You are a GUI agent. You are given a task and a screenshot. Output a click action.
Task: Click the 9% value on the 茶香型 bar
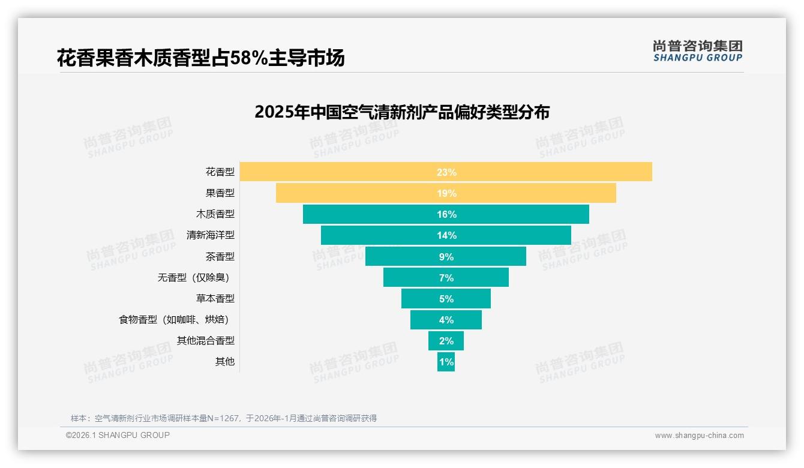446,257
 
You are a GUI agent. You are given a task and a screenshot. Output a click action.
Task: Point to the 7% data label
446,278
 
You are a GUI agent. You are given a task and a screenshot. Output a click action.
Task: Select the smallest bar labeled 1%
446,362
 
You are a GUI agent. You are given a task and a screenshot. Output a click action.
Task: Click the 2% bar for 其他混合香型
446,341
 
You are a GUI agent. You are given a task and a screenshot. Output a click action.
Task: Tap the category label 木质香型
215,214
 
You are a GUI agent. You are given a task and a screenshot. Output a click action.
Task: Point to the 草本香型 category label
215,299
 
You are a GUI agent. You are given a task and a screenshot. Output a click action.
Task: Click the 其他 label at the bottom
225,362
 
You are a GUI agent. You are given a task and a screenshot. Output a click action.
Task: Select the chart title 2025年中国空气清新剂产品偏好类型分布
401,112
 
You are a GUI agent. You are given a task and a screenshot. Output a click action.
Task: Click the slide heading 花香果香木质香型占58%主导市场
201,58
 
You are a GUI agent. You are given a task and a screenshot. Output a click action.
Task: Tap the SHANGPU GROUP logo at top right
697,51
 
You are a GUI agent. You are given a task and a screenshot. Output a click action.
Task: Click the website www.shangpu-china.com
699,436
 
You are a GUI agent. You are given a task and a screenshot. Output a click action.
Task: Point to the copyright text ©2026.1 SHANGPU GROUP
118,435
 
